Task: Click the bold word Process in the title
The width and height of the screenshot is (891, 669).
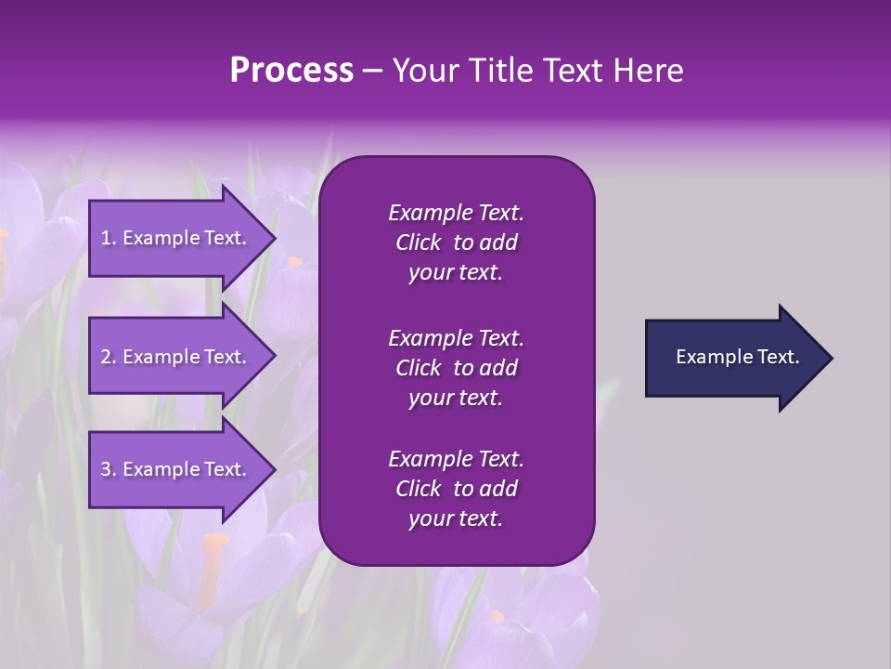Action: pyautogui.click(x=291, y=71)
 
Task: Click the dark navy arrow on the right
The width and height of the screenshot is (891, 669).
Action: pyautogui.click(x=733, y=357)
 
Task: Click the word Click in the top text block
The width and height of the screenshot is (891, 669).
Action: pyautogui.click(x=419, y=243)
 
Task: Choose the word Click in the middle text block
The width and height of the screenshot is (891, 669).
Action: pyautogui.click(x=419, y=368)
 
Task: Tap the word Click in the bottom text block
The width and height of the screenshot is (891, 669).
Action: pyautogui.click(x=419, y=490)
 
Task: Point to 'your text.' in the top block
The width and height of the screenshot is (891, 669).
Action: pyautogui.click(x=456, y=273)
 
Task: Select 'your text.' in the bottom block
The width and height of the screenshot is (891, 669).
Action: pyautogui.click(x=456, y=519)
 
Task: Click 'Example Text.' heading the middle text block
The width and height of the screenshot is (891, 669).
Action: pyautogui.click(x=456, y=338)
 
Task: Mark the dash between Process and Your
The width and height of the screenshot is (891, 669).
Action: pyautogui.click(x=373, y=72)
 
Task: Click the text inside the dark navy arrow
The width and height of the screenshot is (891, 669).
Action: pyautogui.click(x=737, y=357)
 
